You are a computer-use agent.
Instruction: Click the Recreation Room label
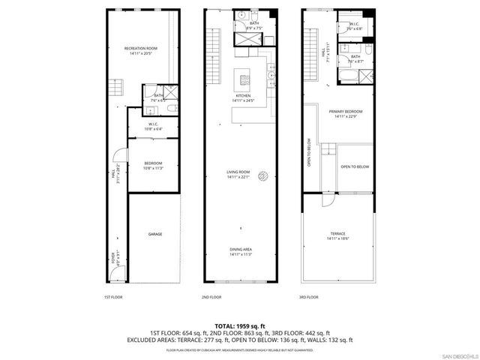coord(142,51)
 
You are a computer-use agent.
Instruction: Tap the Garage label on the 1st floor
coord(154,235)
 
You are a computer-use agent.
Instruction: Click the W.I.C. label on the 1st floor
coord(152,125)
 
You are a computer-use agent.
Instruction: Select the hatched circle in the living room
coord(263,176)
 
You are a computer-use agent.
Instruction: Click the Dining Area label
coord(240,250)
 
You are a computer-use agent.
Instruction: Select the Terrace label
coord(337,235)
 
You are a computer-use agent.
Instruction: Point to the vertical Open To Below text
coord(308,154)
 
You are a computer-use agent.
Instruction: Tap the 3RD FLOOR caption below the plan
coord(308,298)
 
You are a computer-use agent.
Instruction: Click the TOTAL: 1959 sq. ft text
coord(239,325)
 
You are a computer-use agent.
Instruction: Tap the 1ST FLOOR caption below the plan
coord(113,298)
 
